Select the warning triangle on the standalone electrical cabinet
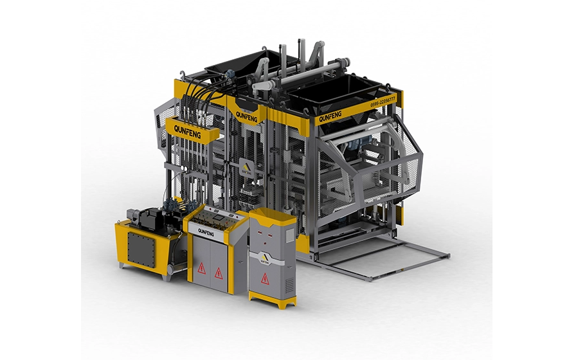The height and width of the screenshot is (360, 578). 264,278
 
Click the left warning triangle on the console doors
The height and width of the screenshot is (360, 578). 201,268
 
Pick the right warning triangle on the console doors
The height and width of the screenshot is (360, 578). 219,272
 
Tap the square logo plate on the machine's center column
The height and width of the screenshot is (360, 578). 248,168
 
